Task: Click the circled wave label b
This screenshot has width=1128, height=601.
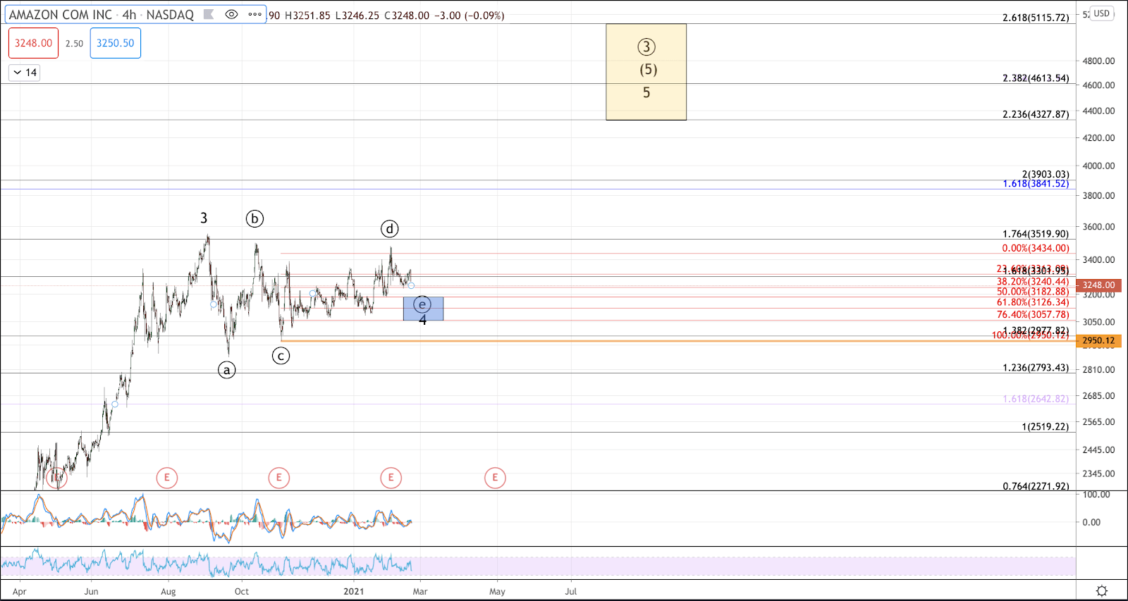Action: [x=255, y=218]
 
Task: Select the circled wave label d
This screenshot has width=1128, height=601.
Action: [x=390, y=228]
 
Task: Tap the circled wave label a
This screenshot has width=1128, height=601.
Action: [x=226, y=370]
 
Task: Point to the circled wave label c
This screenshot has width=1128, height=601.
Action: [x=281, y=356]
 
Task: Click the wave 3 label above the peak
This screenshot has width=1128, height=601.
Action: [x=204, y=218]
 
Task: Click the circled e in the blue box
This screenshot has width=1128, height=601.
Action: [x=422, y=304]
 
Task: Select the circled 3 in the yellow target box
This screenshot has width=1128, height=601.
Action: [x=646, y=47]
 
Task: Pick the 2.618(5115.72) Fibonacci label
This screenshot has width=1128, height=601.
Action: [x=1036, y=18]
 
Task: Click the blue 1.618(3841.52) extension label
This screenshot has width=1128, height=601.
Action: [x=1036, y=184]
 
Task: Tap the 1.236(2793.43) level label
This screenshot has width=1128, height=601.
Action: [x=1036, y=368]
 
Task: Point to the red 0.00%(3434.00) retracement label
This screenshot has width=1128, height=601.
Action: [x=1036, y=248]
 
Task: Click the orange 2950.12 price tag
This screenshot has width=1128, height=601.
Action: [x=1098, y=341]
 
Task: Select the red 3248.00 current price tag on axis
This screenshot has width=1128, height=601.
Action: [x=1098, y=285]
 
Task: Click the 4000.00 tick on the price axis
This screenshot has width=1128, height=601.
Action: [x=1098, y=166]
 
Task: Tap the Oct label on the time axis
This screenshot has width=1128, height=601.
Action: [x=242, y=592]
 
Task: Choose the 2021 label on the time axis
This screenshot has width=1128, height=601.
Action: [x=354, y=592]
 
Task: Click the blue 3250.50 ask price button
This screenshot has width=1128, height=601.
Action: [x=116, y=43]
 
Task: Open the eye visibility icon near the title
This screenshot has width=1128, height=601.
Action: [x=231, y=14]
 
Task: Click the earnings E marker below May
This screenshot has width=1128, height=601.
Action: [x=495, y=478]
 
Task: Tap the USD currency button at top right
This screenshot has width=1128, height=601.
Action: [x=1101, y=13]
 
